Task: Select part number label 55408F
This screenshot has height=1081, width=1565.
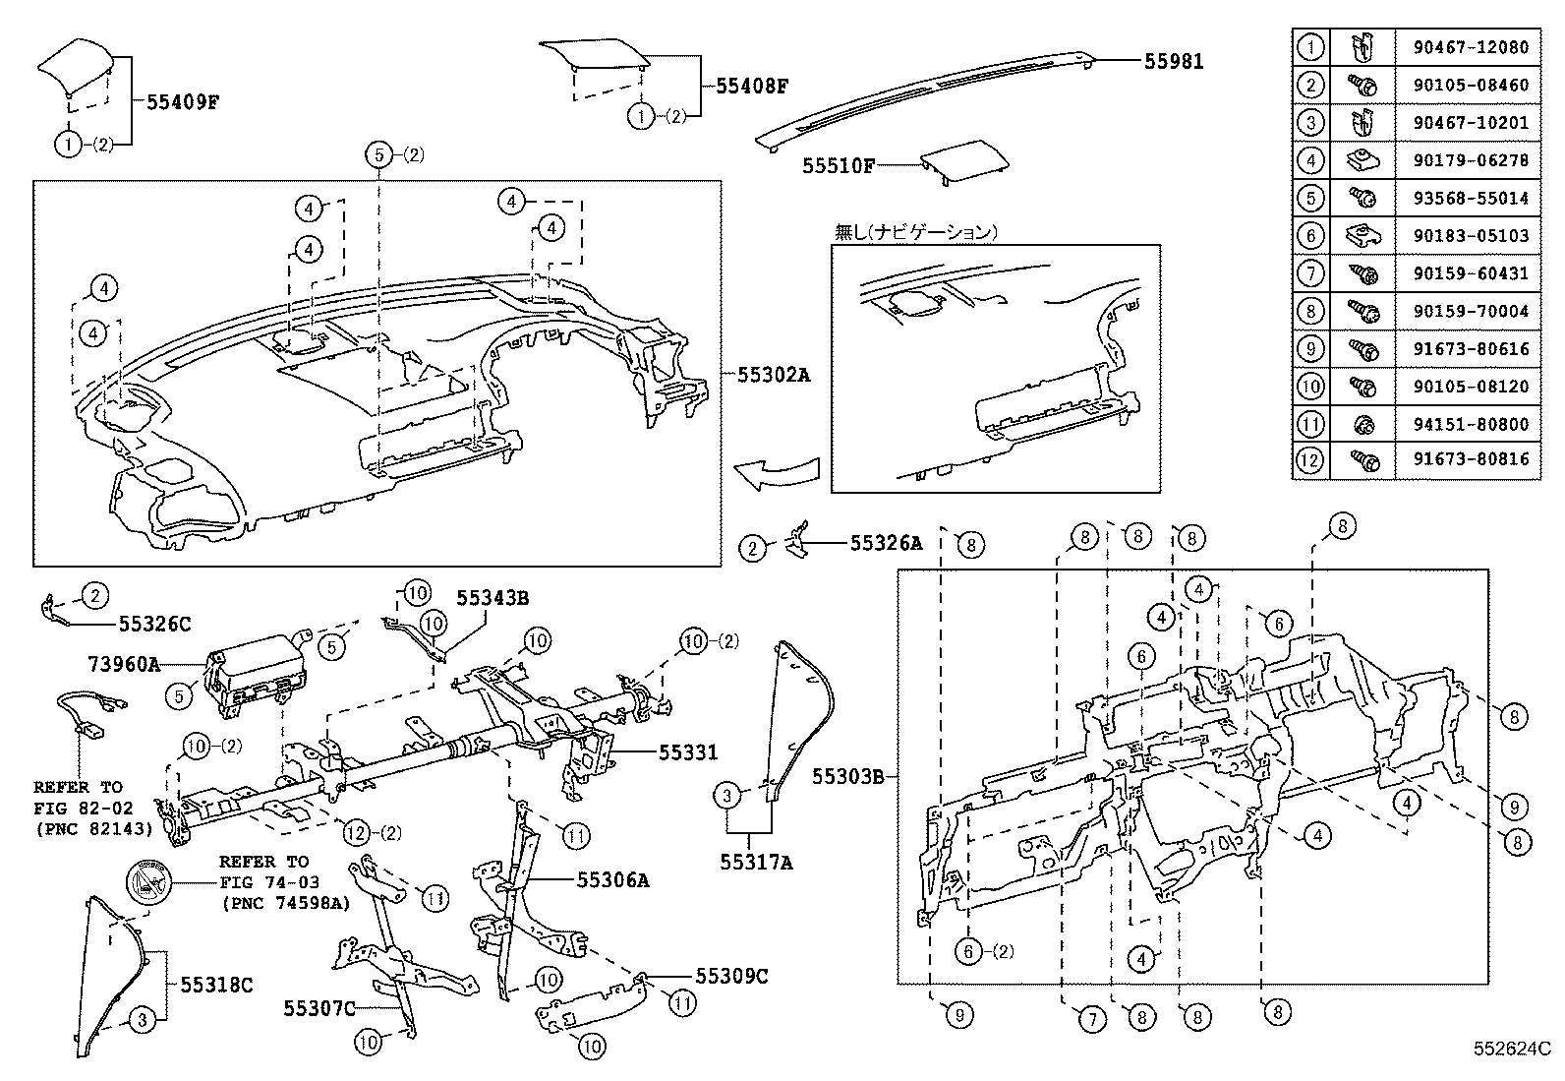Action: pyautogui.click(x=752, y=87)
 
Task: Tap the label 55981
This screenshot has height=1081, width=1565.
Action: pyautogui.click(x=1173, y=61)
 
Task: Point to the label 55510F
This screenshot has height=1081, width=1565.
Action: pyautogui.click(x=838, y=166)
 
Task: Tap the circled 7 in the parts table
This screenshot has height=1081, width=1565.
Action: pyautogui.click(x=1310, y=272)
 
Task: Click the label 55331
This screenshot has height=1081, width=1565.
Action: pyautogui.click(x=688, y=752)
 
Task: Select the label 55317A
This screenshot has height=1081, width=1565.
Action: pyautogui.click(x=755, y=863)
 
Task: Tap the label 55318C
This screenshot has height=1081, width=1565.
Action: pyautogui.click(x=216, y=985)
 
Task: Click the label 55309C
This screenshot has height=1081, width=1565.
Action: pyautogui.click(x=731, y=976)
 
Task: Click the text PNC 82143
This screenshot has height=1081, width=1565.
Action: pyautogui.click(x=93, y=829)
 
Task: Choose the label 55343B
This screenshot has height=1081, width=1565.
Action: pyautogui.click(x=492, y=598)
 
